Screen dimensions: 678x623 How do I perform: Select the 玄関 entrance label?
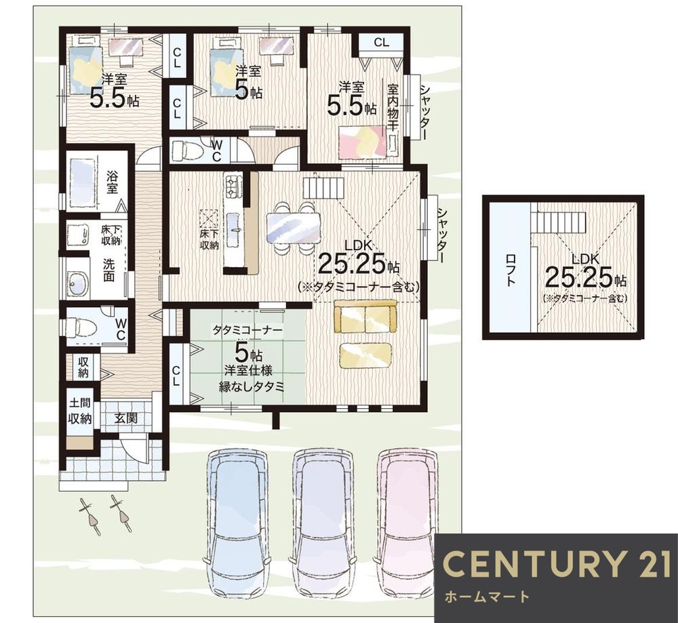pos(126,418)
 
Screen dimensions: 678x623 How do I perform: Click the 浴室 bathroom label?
pos(113,182)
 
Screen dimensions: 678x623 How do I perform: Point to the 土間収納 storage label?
pos(81,411)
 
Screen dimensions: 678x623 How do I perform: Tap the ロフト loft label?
pos(511,270)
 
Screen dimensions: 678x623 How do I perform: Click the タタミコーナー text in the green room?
pos(247,331)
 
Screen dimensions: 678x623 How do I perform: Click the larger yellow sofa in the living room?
pos(365,317)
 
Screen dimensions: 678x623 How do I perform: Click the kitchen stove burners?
pos(231,186)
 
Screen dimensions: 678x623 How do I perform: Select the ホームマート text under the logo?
pos(487,597)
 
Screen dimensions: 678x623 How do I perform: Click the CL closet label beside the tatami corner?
pos(176,376)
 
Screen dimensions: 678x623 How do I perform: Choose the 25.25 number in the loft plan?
pos(578,277)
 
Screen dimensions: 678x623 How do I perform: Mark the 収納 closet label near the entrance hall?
pos(83,367)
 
